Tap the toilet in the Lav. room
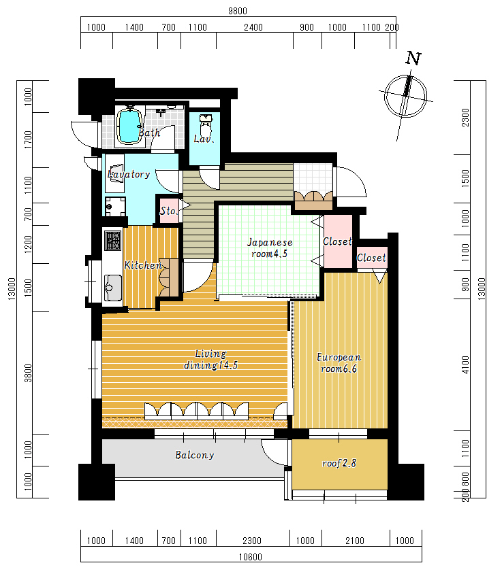(206, 124)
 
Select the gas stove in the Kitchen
(112, 240)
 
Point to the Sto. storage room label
(168, 211)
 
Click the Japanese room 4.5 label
(270, 248)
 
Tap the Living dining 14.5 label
(210, 360)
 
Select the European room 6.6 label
(339, 363)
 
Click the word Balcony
(195, 455)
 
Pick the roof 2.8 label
(339, 463)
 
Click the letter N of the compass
(413, 58)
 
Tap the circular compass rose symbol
(406, 96)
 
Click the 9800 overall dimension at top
(237, 11)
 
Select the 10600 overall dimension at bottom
(250, 557)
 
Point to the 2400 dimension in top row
(253, 28)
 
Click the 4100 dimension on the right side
(465, 365)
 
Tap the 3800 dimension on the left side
(28, 373)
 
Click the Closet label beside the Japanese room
(337, 242)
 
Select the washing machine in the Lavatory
(115, 207)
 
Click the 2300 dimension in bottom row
(252, 541)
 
